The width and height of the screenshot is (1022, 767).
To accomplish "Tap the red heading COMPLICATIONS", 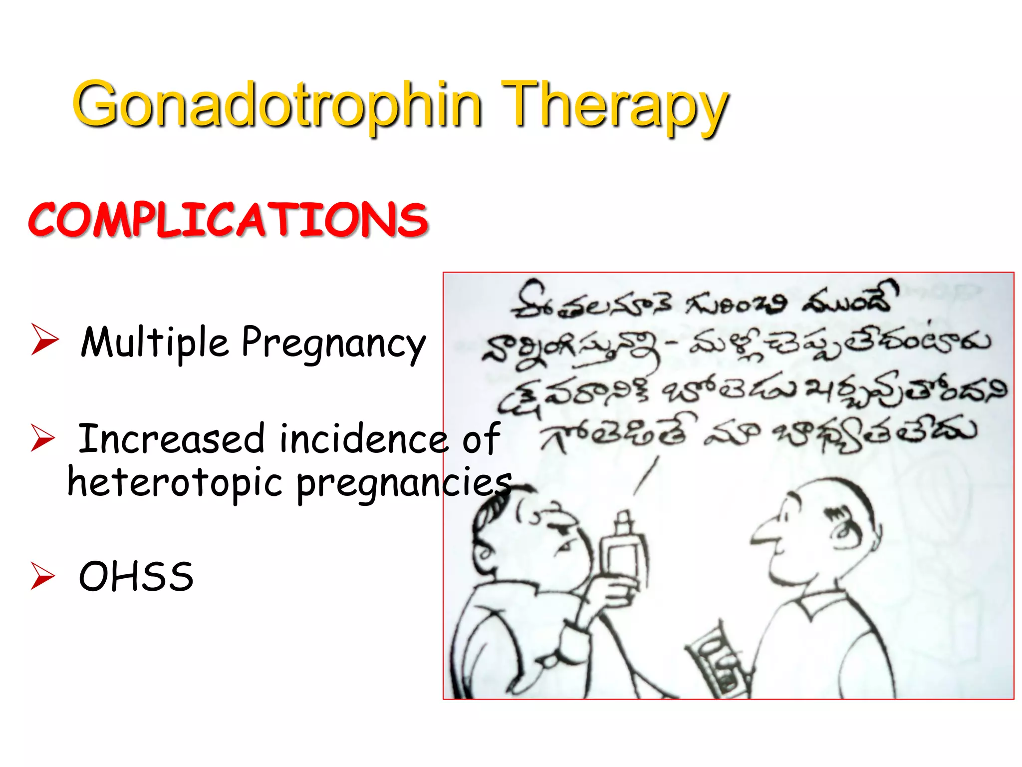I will point(228,220).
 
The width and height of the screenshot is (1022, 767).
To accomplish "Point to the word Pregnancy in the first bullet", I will point(333,345).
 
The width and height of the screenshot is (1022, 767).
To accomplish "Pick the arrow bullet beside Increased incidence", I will point(43,438).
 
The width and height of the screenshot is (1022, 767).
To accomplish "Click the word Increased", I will point(171,438).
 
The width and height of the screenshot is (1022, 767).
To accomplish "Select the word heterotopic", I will point(175,483).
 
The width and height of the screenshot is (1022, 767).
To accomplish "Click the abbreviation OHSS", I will point(136,576).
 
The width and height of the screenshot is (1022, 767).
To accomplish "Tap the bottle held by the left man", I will point(621,554).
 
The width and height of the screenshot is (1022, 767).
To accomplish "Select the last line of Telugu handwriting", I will point(759,434).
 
